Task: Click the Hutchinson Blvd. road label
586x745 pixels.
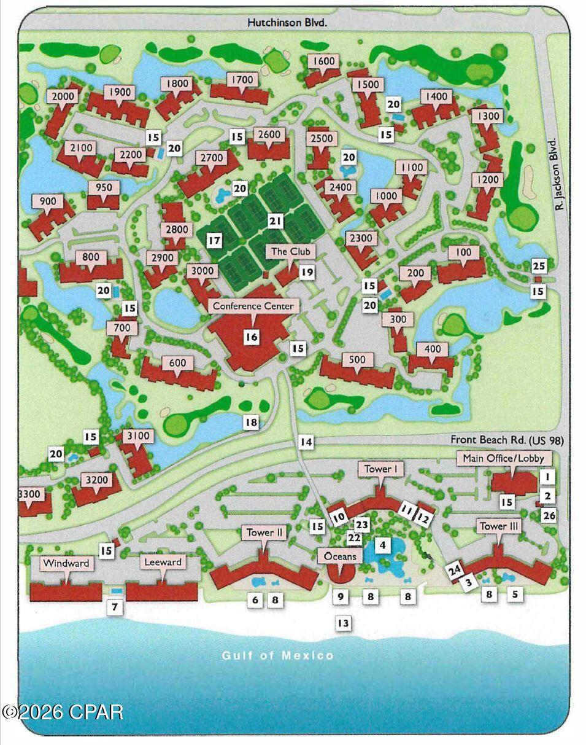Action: click(x=287, y=22)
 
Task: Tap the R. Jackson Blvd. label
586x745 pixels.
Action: click(x=558, y=174)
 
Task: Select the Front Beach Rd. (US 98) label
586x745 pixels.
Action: click(x=507, y=440)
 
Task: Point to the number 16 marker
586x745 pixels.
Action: click(x=251, y=337)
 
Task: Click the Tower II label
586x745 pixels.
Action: click(x=265, y=532)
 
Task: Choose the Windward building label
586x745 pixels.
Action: click(x=66, y=563)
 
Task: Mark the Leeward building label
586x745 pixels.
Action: click(x=162, y=562)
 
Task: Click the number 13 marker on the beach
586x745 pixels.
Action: click(x=342, y=623)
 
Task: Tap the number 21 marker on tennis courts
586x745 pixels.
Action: click(x=276, y=220)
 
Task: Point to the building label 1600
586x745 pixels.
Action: click(x=324, y=61)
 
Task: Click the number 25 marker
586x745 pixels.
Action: click(x=538, y=266)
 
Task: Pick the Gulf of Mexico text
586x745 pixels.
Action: click(x=278, y=655)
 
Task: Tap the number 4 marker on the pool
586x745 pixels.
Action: click(x=382, y=545)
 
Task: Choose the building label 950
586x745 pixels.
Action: click(x=104, y=187)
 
